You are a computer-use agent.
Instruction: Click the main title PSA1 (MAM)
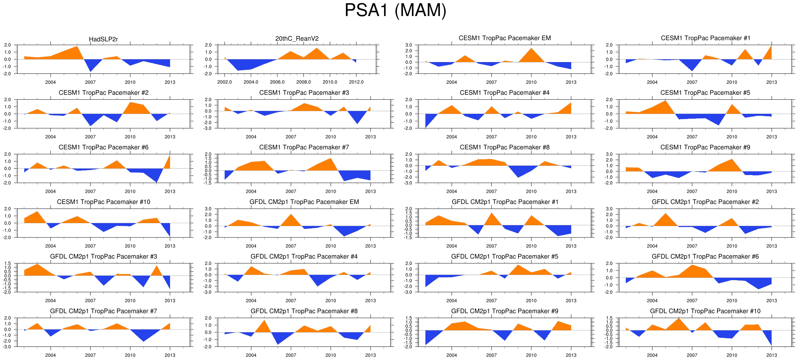[x=395, y=11]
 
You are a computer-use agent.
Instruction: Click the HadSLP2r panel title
[x=103, y=39]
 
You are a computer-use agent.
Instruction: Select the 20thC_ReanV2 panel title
[x=297, y=38]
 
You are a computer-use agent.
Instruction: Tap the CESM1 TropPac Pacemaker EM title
[x=505, y=38]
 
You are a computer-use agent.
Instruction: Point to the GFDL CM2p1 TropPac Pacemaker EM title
[x=304, y=202]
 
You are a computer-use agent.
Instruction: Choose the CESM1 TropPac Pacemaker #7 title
[x=304, y=147]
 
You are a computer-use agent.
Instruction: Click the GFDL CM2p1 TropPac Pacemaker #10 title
[x=705, y=311]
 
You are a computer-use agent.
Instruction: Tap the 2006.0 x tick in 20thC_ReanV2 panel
[x=277, y=82]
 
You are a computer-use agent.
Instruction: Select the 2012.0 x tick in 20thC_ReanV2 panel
[x=356, y=82]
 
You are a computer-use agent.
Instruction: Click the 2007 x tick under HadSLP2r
[x=90, y=82]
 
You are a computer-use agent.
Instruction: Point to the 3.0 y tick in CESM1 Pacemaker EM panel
[x=409, y=45]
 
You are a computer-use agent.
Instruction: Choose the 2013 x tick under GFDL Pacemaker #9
[x=571, y=355]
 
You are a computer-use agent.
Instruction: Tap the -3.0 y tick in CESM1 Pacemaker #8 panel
[x=409, y=183]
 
